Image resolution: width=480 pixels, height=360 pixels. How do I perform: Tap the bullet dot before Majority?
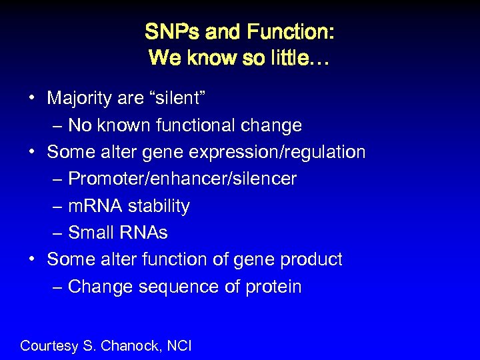tap(31, 99)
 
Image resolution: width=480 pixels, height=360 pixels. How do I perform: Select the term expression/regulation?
tap(277, 153)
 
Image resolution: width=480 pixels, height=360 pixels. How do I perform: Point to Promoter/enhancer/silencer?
tap(182, 179)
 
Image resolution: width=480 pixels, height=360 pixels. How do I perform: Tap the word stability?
tap(159, 206)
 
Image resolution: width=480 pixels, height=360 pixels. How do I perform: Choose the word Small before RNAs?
tap(92, 233)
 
